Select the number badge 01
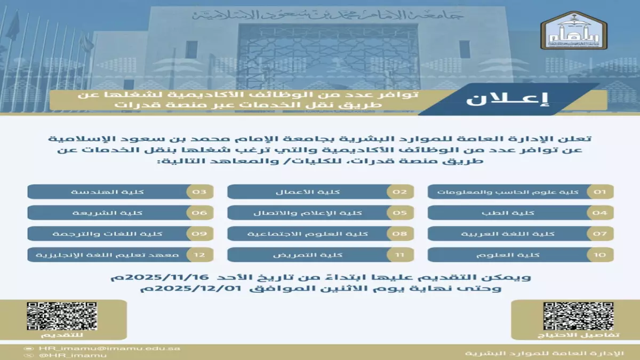600,191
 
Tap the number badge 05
400,213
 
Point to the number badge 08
400,234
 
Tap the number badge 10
600,254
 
